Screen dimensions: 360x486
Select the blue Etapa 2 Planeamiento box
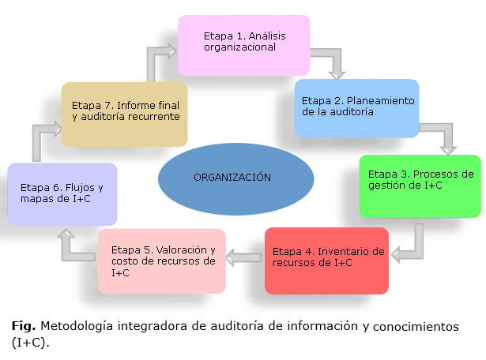356,108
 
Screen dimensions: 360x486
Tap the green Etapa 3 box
420,186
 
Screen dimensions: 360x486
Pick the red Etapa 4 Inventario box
326,260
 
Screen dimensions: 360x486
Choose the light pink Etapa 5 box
162,261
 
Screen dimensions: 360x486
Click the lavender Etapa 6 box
62,194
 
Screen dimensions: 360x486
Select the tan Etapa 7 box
124,113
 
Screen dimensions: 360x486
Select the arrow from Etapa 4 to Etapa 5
245,255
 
